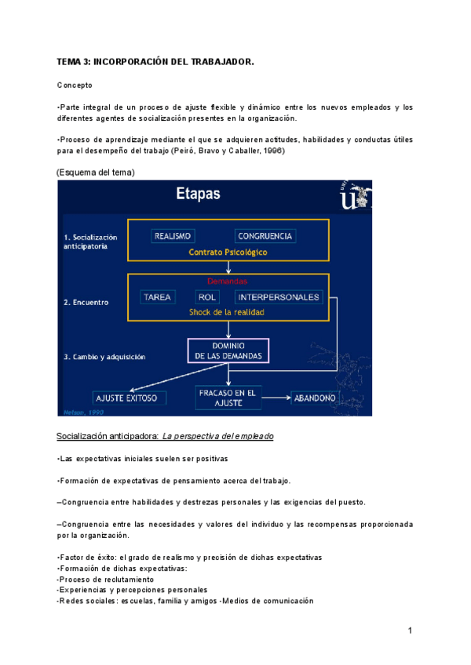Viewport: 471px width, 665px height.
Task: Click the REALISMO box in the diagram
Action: (173, 235)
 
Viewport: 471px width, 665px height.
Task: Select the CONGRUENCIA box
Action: (265, 235)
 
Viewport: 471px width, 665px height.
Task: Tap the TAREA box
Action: (158, 297)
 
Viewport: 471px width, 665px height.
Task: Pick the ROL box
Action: (207, 297)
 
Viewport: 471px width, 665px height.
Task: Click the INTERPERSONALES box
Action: (278, 297)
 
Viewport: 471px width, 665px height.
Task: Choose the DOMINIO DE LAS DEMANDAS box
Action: (228, 351)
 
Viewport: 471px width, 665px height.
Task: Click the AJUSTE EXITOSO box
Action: (126, 398)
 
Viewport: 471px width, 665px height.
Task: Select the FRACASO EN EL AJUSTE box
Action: (228, 398)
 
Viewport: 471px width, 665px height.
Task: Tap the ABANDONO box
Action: (315, 398)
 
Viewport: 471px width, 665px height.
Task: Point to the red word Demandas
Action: (228, 281)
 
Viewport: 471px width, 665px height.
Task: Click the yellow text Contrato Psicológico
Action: (228, 253)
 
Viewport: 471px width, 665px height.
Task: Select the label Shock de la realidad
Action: (227, 311)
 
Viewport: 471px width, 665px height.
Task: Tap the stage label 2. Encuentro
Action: (87, 301)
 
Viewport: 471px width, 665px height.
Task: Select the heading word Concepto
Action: (75, 84)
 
